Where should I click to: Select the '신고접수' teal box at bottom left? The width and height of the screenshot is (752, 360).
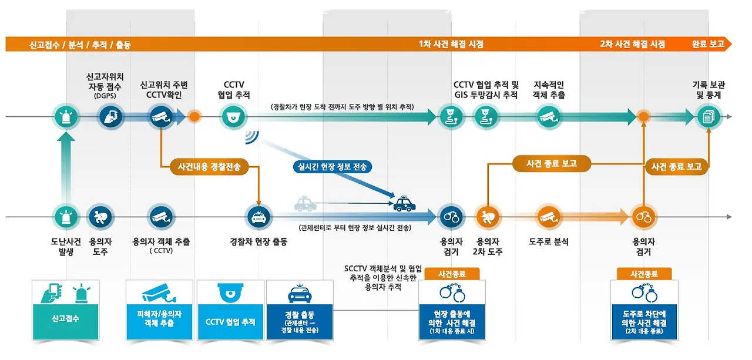click(x=65, y=309)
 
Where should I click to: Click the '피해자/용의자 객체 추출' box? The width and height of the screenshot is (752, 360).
click(x=159, y=309)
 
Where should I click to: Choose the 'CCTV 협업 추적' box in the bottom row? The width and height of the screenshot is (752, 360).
click(x=230, y=309)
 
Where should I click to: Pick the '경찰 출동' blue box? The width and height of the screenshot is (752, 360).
click(x=300, y=309)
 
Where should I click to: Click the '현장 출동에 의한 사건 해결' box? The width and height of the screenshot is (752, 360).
click(x=452, y=309)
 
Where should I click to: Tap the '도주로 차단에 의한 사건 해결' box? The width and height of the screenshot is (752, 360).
click(x=644, y=309)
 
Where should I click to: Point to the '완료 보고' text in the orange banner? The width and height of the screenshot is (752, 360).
click(x=708, y=44)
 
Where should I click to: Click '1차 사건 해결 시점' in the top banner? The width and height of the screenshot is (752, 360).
click(x=451, y=44)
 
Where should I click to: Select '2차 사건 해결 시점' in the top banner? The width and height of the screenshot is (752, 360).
click(x=633, y=44)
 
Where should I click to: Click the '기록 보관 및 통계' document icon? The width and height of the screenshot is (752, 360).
click(x=708, y=117)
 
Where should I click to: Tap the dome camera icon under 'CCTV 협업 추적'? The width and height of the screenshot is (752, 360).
click(x=230, y=117)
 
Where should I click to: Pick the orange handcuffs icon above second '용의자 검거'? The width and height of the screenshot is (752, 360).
click(x=644, y=217)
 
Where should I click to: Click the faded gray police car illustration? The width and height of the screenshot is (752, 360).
click(x=304, y=204)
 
